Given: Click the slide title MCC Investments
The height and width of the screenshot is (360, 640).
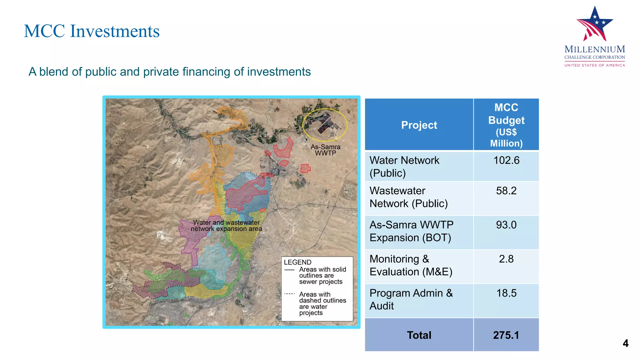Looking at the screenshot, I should tap(92, 31).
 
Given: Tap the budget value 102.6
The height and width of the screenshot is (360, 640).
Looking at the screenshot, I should tap(506, 160).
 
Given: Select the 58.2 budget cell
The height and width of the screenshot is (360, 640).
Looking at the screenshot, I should tap(506, 191).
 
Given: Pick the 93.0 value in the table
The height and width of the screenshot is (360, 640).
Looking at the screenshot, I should tap(506, 225).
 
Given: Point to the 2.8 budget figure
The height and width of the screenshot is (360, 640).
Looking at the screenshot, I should tap(506, 259).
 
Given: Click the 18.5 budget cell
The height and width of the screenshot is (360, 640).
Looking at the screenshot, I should tap(506, 293).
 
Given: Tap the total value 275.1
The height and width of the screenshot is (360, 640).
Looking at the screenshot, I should tap(506, 335).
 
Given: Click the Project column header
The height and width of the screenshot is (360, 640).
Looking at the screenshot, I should tap(419, 125).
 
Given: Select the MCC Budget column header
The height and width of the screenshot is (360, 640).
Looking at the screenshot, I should tap(506, 125).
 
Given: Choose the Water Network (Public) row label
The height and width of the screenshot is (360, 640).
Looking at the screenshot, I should tap(404, 167).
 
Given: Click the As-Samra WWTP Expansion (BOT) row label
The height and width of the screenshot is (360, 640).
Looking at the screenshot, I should tap(411, 231).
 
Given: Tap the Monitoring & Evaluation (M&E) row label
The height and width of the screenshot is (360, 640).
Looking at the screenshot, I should tap(411, 265).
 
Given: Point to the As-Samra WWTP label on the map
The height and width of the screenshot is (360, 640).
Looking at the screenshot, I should tap(325, 150).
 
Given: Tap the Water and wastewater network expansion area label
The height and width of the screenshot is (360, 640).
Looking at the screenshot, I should tap(226, 226).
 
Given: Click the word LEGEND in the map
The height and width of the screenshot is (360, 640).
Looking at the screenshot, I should tap(297, 262).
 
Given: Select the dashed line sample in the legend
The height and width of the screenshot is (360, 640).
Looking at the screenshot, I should tap(290, 294).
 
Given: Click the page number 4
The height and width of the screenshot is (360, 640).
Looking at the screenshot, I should tap(625, 343).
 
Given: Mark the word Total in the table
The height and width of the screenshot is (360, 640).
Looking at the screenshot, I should tap(419, 335).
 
